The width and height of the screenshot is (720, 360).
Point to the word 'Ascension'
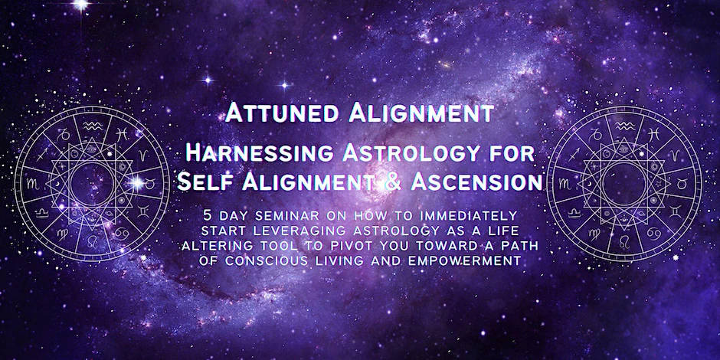coord(476,182)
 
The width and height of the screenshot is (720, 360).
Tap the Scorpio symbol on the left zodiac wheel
coord(33,184)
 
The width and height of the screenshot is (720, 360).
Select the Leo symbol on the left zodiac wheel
coord(92,241)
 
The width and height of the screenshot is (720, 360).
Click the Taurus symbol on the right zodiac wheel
coord(682,184)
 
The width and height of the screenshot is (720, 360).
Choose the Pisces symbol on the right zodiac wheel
coord(654,133)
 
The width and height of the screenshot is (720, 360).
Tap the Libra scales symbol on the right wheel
coord(574,213)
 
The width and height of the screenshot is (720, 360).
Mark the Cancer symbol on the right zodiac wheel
coord(654,234)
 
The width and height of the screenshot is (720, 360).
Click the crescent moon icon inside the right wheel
coord(589,184)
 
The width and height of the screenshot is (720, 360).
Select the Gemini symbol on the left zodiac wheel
coord(143,212)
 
